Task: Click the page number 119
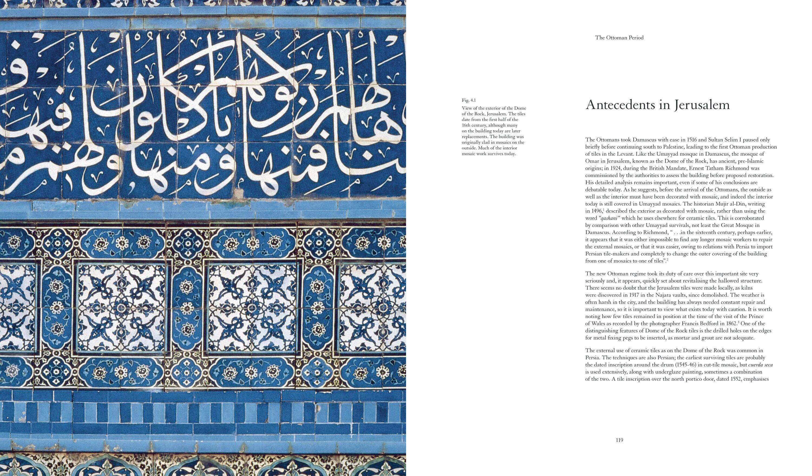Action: pyautogui.click(x=619, y=440)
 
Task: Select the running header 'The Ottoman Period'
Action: pyautogui.click(x=619, y=38)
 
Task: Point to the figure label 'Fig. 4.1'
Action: pyautogui.click(x=469, y=100)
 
